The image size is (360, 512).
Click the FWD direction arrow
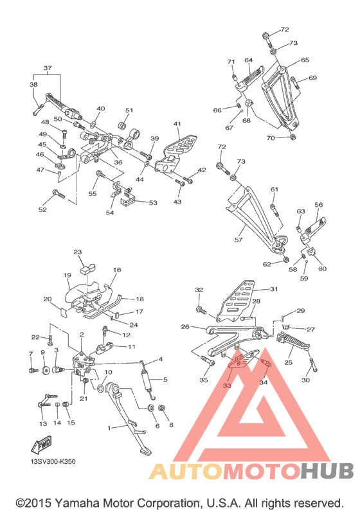pos(42,445)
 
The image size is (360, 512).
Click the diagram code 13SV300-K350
pos(53,462)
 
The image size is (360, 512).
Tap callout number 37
pos(48,68)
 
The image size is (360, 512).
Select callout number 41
pos(177,124)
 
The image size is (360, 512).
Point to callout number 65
pos(305,60)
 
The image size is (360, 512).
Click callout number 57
pos(239,240)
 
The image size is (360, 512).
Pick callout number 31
pos(274,288)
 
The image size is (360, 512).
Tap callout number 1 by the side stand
pos(109,428)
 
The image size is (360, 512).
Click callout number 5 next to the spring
pos(165,380)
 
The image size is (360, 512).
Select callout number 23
pos(77,252)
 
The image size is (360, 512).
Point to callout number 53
pos(153,203)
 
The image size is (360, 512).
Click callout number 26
pos(185,326)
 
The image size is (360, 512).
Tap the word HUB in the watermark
pos(327,470)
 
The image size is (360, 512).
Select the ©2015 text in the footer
pos(33,503)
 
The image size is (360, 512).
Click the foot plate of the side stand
pos(146,451)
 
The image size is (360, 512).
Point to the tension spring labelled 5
pos(148,379)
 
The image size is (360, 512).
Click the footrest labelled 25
pos(293,340)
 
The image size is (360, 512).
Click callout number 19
pos(67,275)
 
